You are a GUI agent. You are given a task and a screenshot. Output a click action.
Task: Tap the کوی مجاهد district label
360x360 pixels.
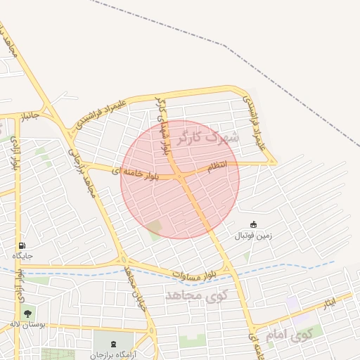193,295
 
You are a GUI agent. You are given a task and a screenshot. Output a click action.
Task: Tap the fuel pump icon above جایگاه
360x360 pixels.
21,245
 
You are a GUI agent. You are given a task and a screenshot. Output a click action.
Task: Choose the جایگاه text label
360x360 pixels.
21,256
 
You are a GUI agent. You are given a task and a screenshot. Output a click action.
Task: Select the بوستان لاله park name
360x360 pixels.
29,326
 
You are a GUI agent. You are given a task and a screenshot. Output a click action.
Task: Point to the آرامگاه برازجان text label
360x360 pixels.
112,356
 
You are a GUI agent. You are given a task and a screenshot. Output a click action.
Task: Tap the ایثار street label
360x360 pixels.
330,304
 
